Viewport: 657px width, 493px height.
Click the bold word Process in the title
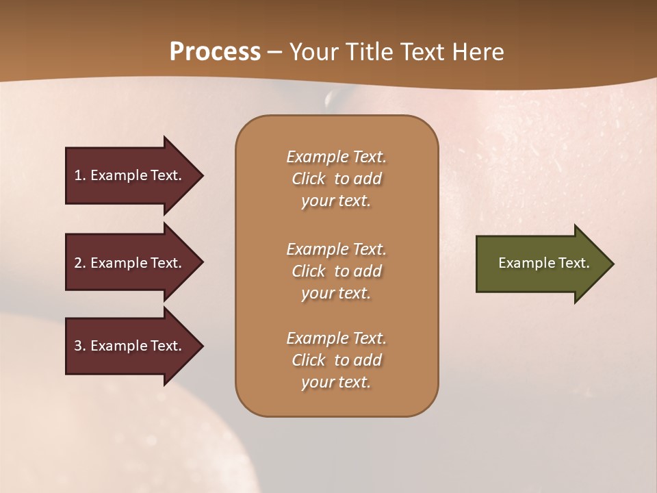[x=215, y=52]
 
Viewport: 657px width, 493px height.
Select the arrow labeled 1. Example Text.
[x=133, y=175]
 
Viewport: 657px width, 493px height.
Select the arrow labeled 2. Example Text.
[x=133, y=263]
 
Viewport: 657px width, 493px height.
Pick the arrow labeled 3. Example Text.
[x=133, y=346]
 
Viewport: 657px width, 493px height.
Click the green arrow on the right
[x=544, y=263]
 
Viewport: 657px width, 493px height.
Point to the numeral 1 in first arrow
[x=78, y=175]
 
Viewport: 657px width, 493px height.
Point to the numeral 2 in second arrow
[x=78, y=263]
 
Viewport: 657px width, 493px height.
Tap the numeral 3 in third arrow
[x=78, y=346]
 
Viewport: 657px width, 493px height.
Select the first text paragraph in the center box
[x=336, y=179]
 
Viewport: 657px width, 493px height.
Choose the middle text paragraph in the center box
[x=336, y=271]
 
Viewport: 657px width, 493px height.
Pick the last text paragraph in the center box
[x=336, y=360]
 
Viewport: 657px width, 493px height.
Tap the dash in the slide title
[x=274, y=53]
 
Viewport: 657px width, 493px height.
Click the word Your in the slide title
[x=311, y=52]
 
